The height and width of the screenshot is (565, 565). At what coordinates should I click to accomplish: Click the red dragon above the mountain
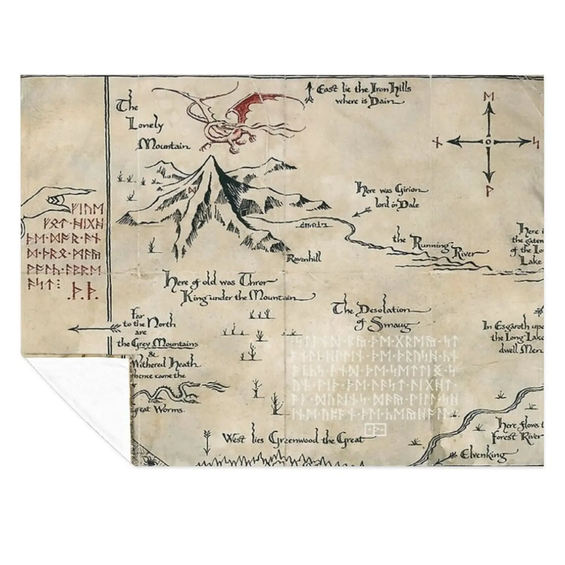(x=244, y=120)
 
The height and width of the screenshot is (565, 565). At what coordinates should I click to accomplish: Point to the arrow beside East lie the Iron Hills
(x=310, y=93)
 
